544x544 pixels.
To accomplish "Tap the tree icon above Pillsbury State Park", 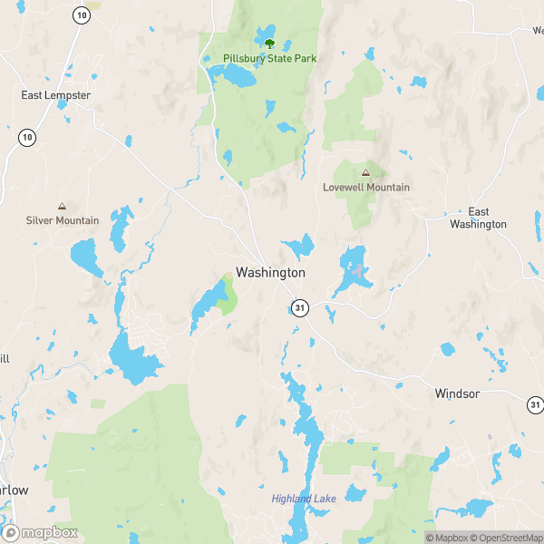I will [268, 42].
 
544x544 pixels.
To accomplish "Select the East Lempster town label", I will [55, 94].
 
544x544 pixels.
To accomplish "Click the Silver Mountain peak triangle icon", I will [62, 206].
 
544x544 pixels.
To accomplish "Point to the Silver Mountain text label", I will [63, 220].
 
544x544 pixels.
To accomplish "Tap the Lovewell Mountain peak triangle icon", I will [365, 172].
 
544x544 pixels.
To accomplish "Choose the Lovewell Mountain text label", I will [366, 188].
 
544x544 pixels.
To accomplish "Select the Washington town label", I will [270, 272].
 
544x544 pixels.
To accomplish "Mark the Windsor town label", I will [457, 393].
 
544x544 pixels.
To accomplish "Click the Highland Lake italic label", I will [304, 499].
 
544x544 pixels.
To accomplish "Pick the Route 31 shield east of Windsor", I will [536, 404].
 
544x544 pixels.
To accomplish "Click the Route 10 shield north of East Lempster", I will [82, 15].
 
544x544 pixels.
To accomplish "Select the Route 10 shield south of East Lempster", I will [27, 137].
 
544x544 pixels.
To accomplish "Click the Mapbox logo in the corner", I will [40, 533].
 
